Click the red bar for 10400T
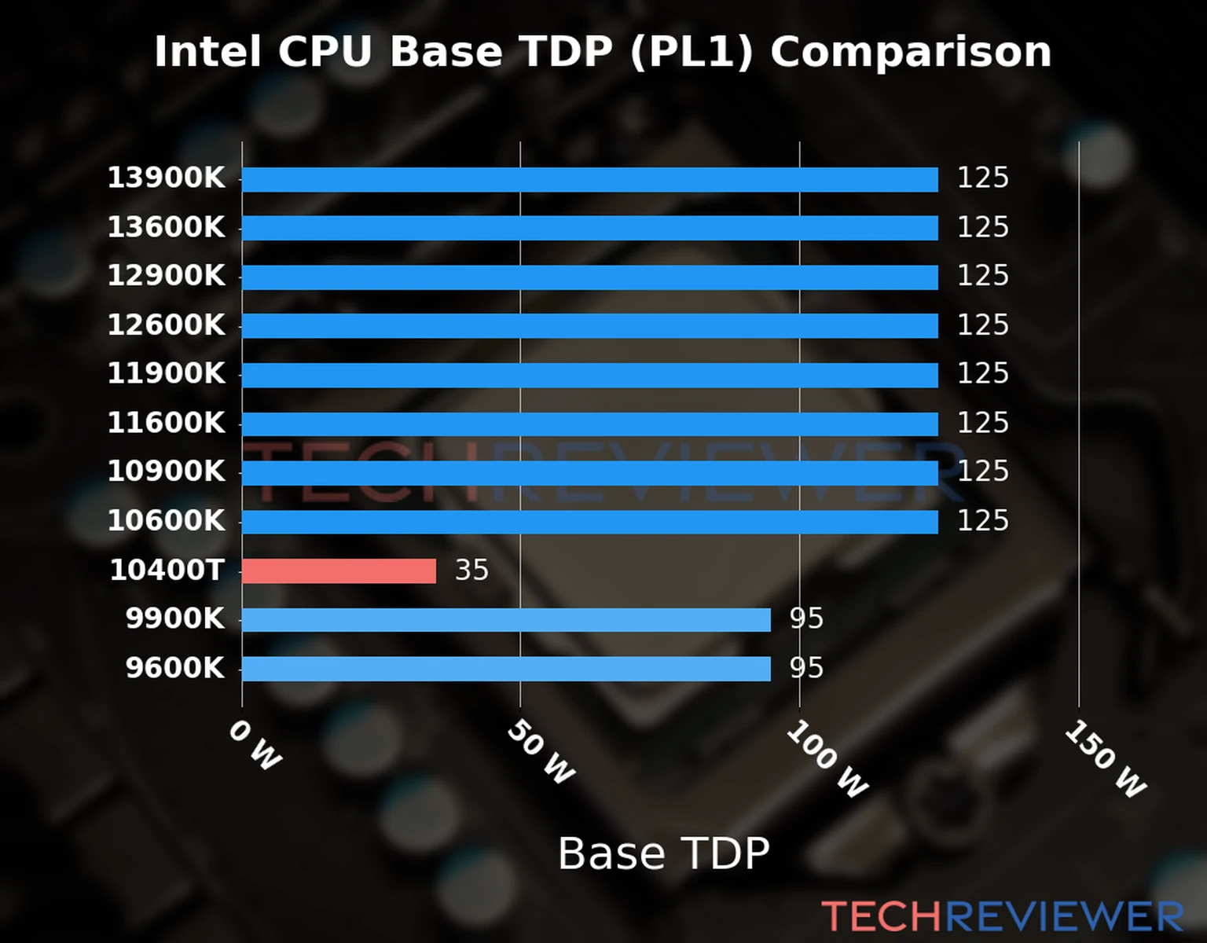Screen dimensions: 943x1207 tap(339, 571)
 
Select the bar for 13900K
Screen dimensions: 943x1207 tap(589, 179)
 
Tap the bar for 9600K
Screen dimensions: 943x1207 tap(506, 669)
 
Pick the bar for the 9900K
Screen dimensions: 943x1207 tap(506, 620)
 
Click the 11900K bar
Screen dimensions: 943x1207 tap(589, 375)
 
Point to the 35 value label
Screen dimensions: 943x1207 tap(471, 571)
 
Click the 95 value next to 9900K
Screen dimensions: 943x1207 tap(806, 619)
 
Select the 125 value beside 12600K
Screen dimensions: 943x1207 tap(982, 325)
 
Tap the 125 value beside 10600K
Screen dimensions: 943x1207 tap(982, 521)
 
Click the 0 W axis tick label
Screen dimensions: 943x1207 tap(255, 746)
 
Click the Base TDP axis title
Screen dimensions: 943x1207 tap(663, 853)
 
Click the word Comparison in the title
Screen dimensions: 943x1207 tap(910, 53)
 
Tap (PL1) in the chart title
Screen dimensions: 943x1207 tap(692, 53)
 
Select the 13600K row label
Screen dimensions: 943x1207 tap(166, 228)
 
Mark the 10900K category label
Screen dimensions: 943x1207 tap(166, 472)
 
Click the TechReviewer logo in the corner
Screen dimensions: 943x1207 tap(1002, 917)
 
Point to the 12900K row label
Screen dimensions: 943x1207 tap(166, 277)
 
